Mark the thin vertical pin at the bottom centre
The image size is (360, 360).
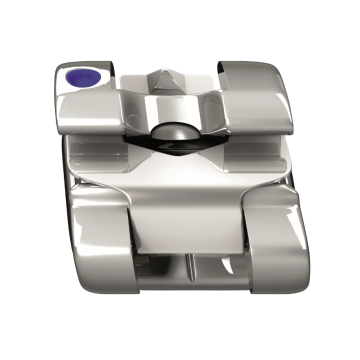[188, 268]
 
